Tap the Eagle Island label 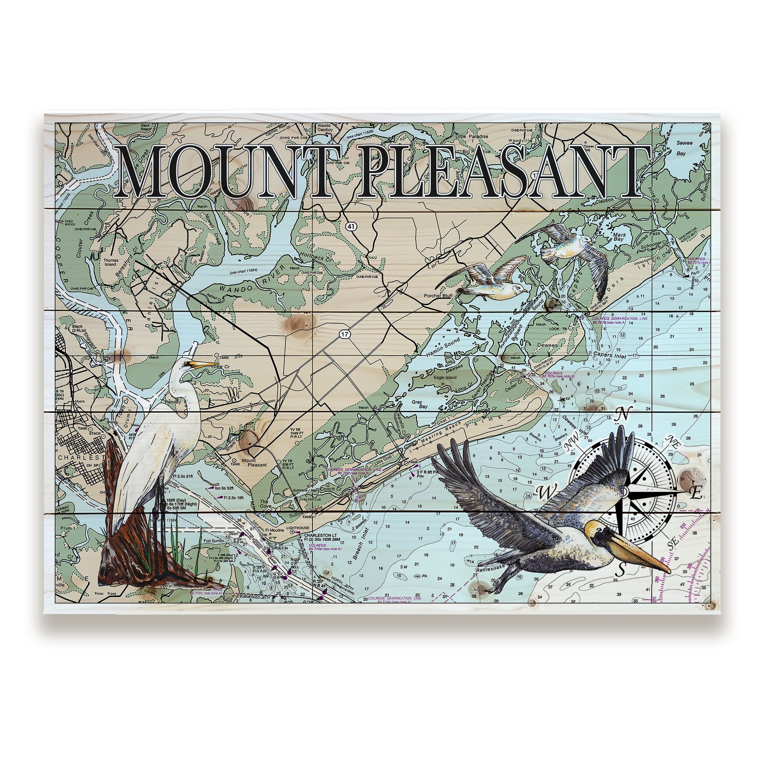(445, 377)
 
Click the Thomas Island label (108, 263)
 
